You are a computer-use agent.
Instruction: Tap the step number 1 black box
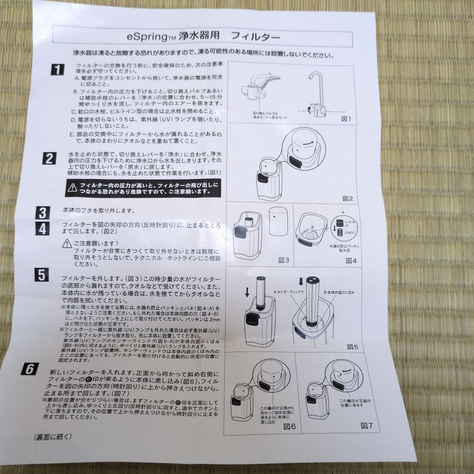pos(57,69)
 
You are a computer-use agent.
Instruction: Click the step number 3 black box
pos(43,213)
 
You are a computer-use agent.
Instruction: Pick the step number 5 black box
pos(41,275)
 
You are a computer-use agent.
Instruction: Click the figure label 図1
pos(346,118)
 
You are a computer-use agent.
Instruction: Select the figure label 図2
pos(348,198)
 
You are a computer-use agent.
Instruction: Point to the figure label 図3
pos(284,260)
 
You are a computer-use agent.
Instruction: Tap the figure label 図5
pos(353,347)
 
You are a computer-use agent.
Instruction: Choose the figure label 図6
pos(290,426)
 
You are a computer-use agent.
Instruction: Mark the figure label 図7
pos(366,425)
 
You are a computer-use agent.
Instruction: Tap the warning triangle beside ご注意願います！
pos(67,243)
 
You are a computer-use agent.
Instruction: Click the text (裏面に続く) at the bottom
pos(52,437)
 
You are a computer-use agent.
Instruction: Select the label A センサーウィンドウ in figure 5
pos(289,292)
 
